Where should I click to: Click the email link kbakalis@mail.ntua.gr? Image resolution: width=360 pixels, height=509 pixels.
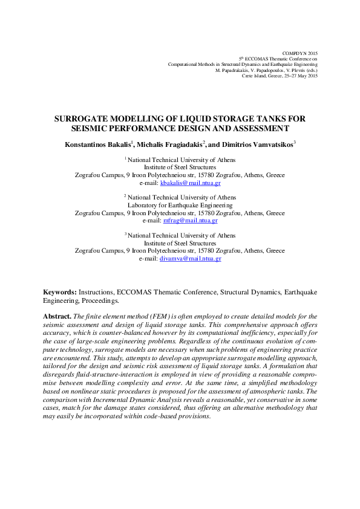click(x=189, y=183)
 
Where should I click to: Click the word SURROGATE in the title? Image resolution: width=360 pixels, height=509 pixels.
click(x=83, y=120)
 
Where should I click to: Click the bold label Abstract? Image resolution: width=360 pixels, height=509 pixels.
click(x=57, y=316)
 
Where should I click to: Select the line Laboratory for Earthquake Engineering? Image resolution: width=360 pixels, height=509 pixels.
click(x=180, y=205)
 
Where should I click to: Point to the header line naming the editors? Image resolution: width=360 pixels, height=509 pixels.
click(x=266, y=70)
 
